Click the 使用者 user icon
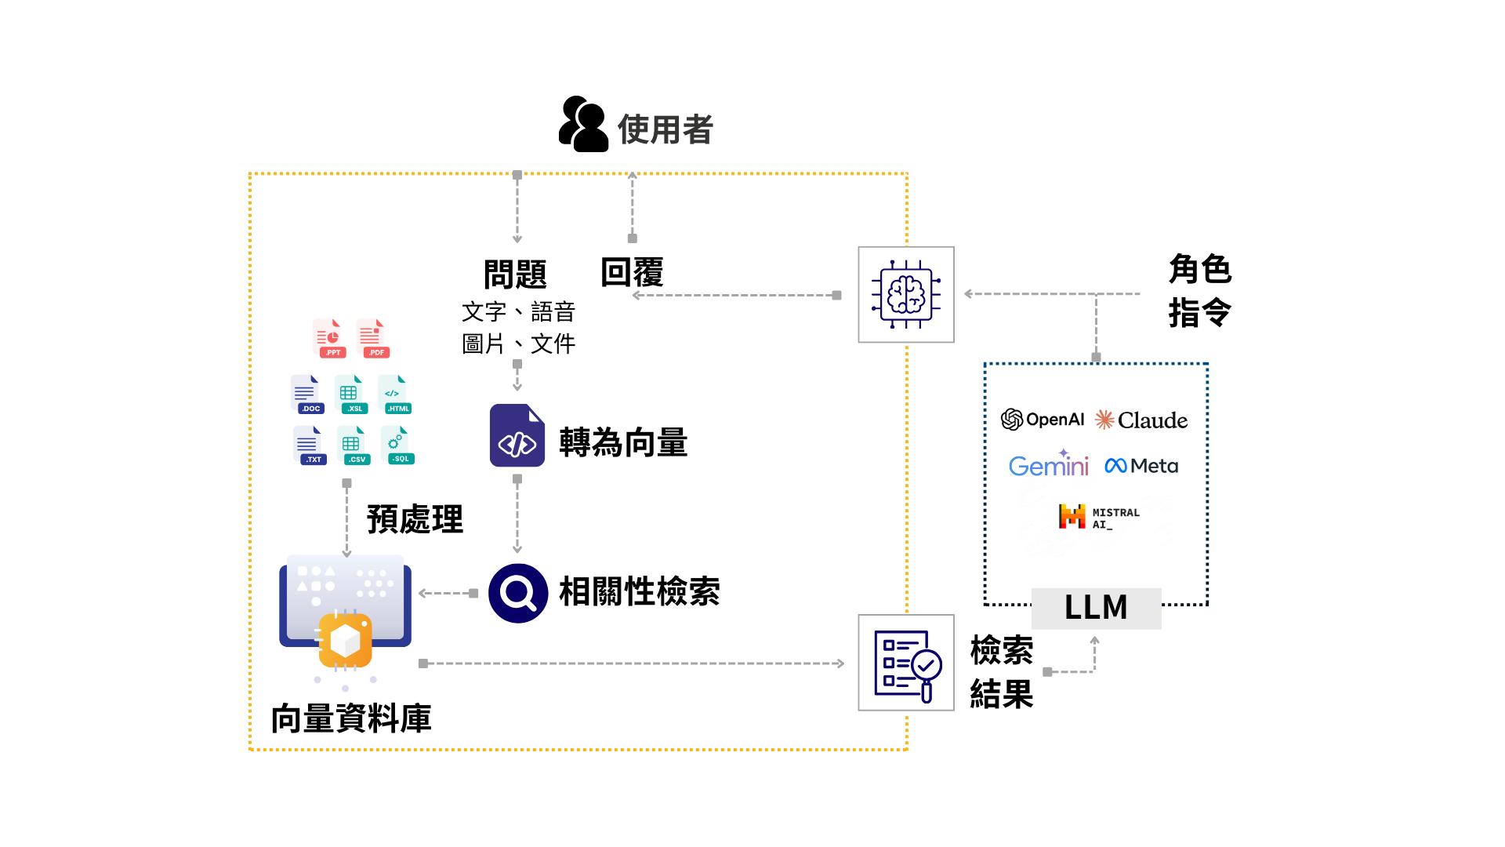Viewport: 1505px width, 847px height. pyautogui.click(x=583, y=125)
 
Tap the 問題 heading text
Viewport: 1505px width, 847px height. pyautogui.click(x=515, y=274)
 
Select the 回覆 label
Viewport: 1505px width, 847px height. pyautogui.click(x=632, y=273)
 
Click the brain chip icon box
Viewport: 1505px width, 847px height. pyautogui.click(x=905, y=295)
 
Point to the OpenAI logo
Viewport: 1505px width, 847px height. pyautogui.click(x=1043, y=420)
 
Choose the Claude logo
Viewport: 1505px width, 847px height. pyautogui.click(x=1141, y=420)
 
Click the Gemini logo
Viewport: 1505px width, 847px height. pyautogui.click(x=1048, y=465)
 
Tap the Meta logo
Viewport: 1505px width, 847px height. pyautogui.click(x=1141, y=466)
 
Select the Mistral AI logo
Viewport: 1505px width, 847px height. pyautogui.click(x=1098, y=517)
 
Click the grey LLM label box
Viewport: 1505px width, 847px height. pyautogui.click(x=1096, y=608)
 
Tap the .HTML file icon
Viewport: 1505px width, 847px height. pyautogui.click(x=395, y=394)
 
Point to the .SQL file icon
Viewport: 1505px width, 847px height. pyautogui.click(x=397, y=445)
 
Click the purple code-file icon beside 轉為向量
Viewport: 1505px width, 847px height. pyautogui.click(x=517, y=436)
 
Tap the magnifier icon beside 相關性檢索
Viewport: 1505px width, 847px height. pyautogui.click(x=518, y=593)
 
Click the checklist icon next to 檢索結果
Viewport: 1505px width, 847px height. pyautogui.click(x=905, y=663)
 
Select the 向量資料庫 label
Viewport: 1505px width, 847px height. pyautogui.click(x=351, y=718)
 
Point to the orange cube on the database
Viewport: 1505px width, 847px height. pyautogui.click(x=345, y=640)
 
